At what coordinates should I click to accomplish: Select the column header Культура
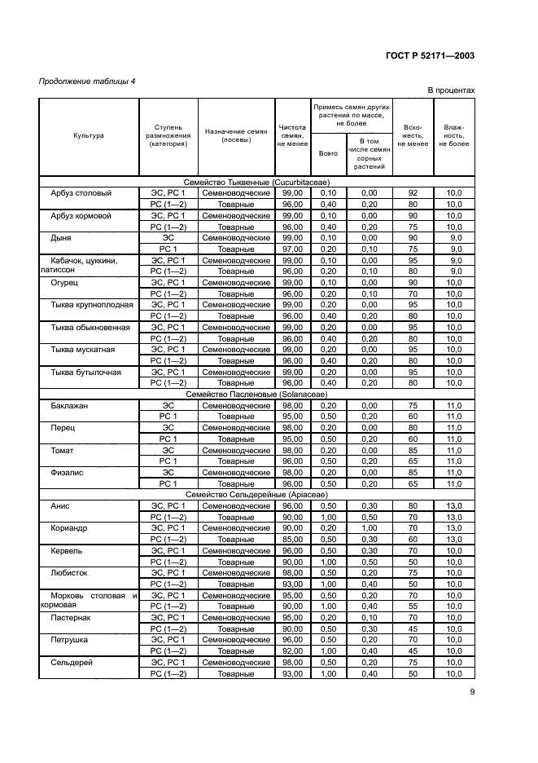(89, 135)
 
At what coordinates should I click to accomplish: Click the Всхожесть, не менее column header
(413, 135)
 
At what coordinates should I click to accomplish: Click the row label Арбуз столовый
(81, 193)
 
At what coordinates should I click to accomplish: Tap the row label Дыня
(61, 238)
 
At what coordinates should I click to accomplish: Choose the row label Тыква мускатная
(83, 350)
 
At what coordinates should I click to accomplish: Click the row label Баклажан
(70, 405)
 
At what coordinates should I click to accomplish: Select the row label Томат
(63, 450)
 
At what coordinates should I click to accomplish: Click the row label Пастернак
(72, 618)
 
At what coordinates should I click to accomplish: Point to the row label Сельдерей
(72, 663)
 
